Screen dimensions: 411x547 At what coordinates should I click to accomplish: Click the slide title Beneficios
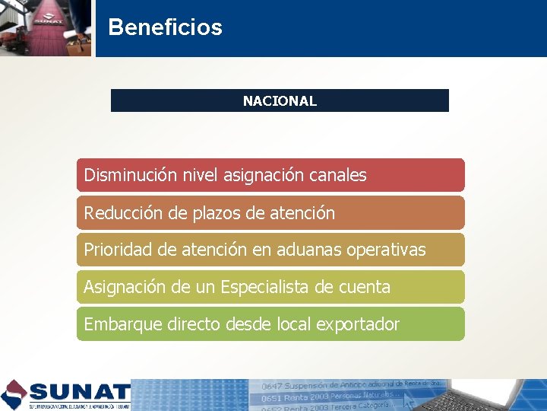click(165, 27)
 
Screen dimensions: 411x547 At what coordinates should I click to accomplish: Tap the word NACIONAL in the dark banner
click(280, 100)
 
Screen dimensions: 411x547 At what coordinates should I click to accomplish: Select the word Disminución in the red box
click(130, 175)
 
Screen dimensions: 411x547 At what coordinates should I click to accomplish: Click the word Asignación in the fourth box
click(125, 287)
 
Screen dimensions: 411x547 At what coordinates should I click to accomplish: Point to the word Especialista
click(267, 287)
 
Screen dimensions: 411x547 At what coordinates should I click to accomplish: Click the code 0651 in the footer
click(271, 397)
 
